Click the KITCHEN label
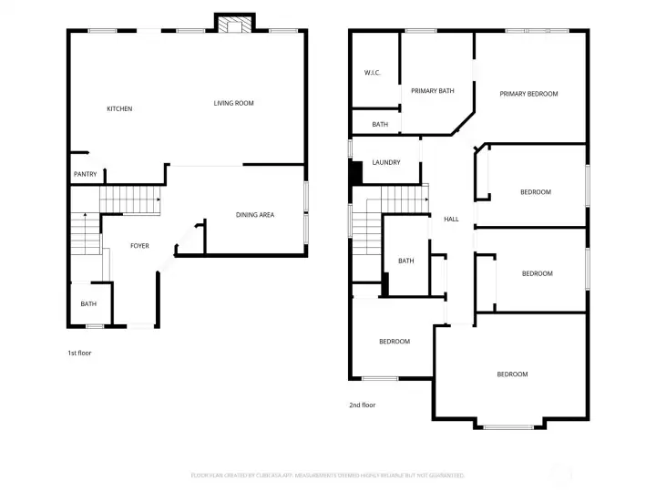click(119, 109)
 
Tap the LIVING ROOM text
click(233, 104)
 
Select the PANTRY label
click(85, 175)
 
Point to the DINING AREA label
click(255, 215)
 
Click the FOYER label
click(139, 246)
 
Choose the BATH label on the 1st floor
click(88, 304)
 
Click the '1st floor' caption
click(79, 353)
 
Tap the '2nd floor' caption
click(362, 405)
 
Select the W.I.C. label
click(372, 73)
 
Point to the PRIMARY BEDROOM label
click(528, 94)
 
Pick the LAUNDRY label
click(386, 163)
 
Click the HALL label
click(451, 220)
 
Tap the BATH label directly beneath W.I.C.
click(380, 124)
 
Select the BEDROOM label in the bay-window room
click(512, 374)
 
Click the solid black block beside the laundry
click(356, 173)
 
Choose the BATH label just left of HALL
click(405, 261)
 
